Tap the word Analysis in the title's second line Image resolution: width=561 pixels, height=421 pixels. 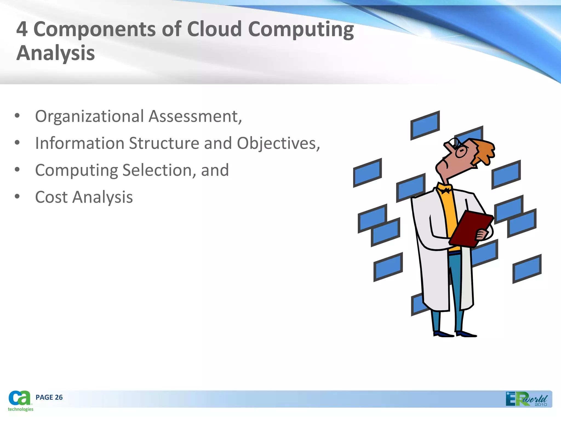pyautogui.click(x=56, y=53)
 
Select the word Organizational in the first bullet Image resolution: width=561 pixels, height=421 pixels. pyautogui.click(x=89, y=116)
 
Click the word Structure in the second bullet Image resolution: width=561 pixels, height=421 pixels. pyautogui.click(x=164, y=143)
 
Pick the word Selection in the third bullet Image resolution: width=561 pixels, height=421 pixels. pyautogui.click(x=159, y=170)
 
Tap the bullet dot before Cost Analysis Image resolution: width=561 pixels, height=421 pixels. pyautogui.click(x=17, y=197)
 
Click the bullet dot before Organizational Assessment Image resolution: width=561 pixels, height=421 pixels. pyautogui.click(x=17, y=116)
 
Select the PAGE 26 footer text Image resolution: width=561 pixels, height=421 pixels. pyautogui.click(x=49, y=397)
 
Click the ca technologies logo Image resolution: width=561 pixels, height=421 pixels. pyautogui.click(x=20, y=400)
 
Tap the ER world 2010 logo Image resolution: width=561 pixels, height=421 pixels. pyautogui.click(x=526, y=399)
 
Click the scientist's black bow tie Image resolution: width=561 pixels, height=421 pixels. pyautogui.click(x=445, y=190)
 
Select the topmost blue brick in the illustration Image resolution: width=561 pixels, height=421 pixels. pyautogui.click(x=425, y=126)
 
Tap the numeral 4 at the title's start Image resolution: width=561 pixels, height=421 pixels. pyautogui.click(x=22, y=29)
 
